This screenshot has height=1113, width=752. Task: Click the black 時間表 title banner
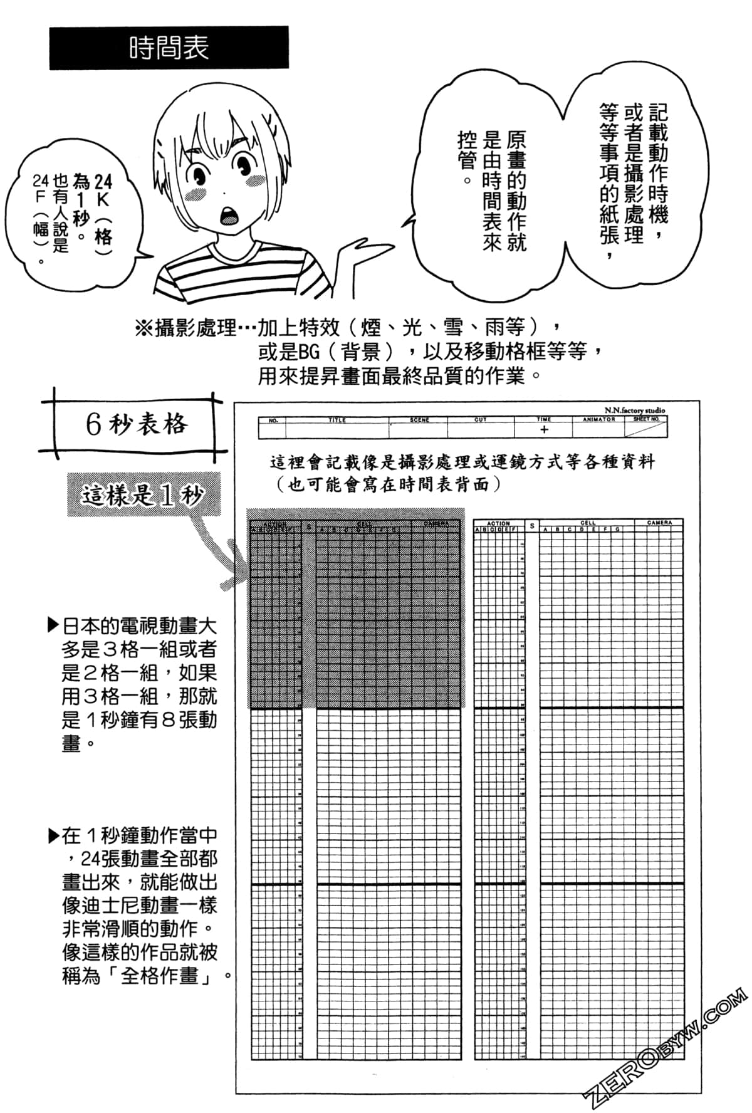[x=169, y=48]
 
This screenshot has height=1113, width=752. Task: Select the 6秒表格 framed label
[x=135, y=424]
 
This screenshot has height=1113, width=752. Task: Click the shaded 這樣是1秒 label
[x=144, y=495]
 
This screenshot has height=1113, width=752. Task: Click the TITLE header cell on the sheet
[x=337, y=420]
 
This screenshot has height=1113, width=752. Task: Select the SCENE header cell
[x=419, y=420]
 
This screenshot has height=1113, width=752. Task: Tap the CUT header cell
[x=480, y=420]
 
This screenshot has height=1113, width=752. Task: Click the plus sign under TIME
[x=544, y=430]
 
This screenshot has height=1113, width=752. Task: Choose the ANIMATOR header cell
[x=598, y=419]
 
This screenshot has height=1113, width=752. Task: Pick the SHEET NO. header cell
[x=646, y=419]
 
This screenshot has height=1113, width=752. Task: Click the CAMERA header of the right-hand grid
[x=659, y=522]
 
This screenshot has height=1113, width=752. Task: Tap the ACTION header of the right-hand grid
[x=498, y=523]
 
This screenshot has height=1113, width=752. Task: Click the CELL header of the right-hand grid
[x=588, y=522]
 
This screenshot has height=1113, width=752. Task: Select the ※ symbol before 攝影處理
[x=144, y=327]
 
